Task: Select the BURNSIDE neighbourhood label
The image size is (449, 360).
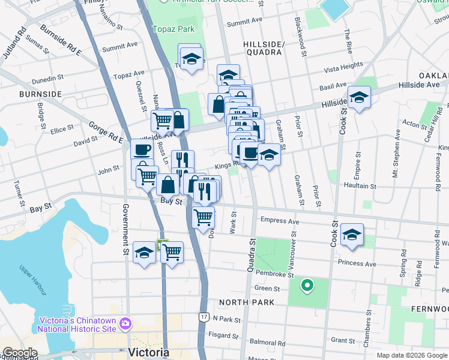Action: tap(40, 94)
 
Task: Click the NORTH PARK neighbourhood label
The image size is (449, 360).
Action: tap(246, 302)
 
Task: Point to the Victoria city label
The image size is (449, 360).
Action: tap(148, 351)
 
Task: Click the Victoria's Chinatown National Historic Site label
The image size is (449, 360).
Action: tap(77, 324)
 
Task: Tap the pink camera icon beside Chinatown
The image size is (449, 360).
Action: tap(125, 324)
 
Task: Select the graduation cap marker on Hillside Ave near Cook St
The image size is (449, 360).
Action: tap(359, 97)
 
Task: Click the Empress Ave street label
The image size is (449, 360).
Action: tap(279, 221)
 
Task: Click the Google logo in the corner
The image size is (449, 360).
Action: tap(19, 352)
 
